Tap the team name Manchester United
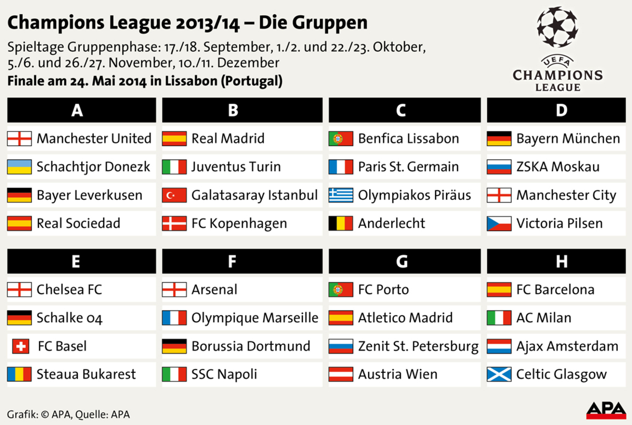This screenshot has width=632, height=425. (x=94, y=139)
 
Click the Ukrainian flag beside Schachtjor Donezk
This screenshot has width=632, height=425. (x=19, y=167)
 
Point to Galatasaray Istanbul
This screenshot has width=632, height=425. (x=254, y=195)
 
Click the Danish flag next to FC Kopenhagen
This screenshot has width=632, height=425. (x=174, y=224)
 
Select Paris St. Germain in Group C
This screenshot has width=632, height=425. (x=408, y=167)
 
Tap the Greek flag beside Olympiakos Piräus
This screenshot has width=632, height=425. (x=341, y=195)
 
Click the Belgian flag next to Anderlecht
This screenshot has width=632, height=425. (x=341, y=224)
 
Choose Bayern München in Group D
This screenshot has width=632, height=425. (x=568, y=139)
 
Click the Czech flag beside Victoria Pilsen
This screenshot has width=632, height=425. (x=499, y=224)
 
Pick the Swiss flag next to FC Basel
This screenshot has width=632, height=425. (x=19, y=346)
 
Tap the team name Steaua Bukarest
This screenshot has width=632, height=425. (x=86, y=374)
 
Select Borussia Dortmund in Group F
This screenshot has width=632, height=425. (x=251, y=346)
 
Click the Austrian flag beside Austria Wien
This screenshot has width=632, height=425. (x=341, y=374)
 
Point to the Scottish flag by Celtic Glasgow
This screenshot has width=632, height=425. (x=499, y=374)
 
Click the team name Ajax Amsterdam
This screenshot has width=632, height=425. (x=567, y=346)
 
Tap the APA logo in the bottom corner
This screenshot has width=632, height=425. (x=606, y=410)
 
